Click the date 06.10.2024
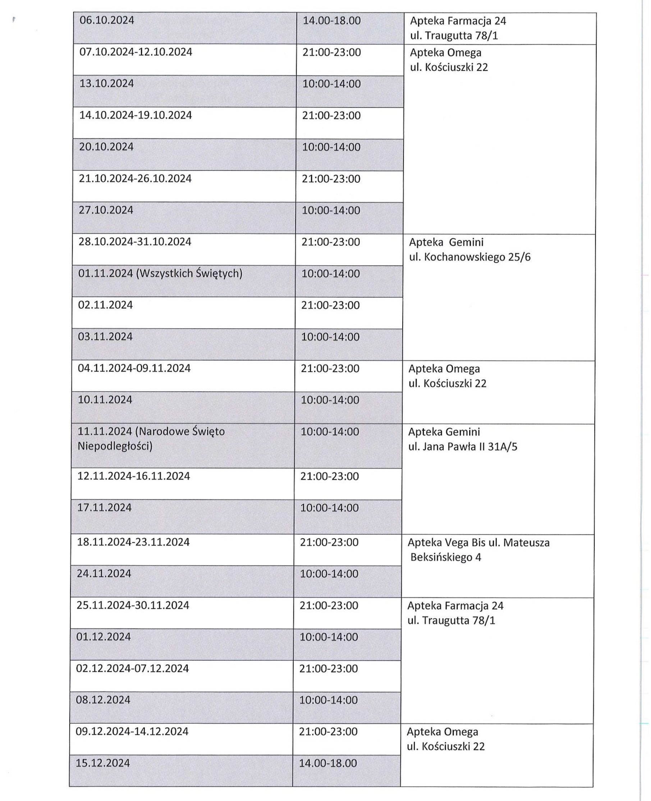[x=107, y=20]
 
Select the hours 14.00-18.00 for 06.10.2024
[x=331, y=21]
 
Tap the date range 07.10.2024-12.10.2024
[x=136, y=52]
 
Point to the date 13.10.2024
[x=106, y=83]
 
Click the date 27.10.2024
[x=106, y=210]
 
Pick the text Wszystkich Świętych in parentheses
[x=189, y=273]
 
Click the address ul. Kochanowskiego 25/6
[x=469, y=258]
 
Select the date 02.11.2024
[x=105, y=305]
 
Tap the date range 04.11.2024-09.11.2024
[x=134, y=368]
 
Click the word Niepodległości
[x=115, y=446]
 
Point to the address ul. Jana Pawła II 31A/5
[x=462, y=447]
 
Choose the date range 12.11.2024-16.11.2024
[x=133, y=476]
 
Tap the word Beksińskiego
[x=441, y=557]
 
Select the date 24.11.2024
[x=104, y=574]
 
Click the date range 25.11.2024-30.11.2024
[x=133, y=605]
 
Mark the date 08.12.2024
[x=104, y=700]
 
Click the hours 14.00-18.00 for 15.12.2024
[x=328, y=763]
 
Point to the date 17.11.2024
[x=105, y=508]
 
